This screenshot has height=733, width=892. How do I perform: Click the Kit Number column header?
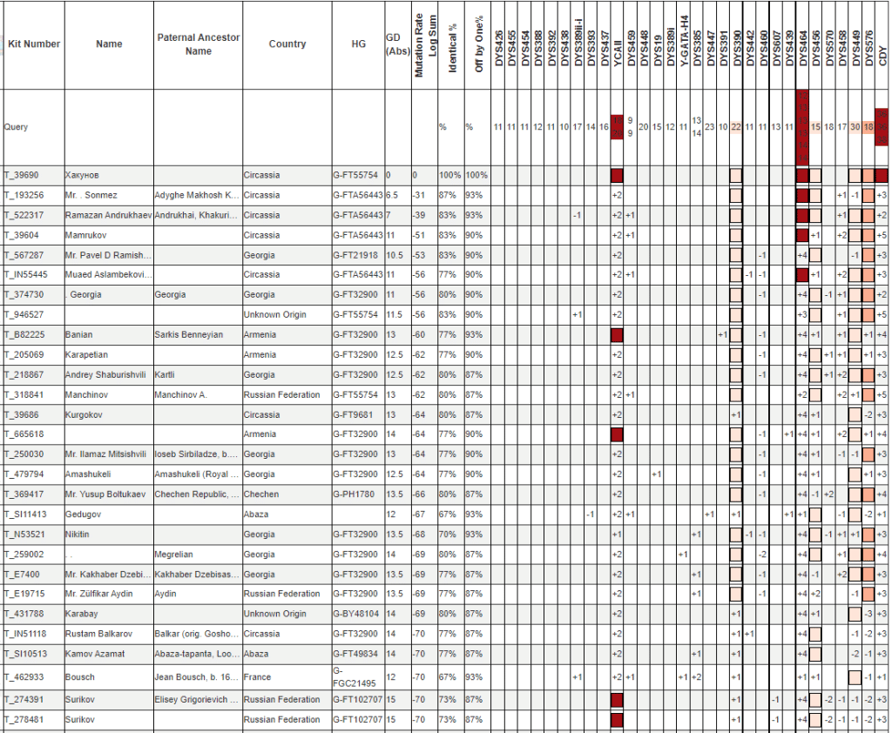click(33, 44)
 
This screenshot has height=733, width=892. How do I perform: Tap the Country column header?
click(287, 44)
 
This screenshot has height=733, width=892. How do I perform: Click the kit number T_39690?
click(27, 175)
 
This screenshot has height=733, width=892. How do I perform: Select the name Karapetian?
click(89, 354)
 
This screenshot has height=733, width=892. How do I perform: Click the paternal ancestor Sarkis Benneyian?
click(190, 334)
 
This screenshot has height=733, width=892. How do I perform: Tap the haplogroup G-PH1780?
click(356, 494)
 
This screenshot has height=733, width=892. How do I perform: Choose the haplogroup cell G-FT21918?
click(357, 255)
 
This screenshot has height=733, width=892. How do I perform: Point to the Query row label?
click(16, 127)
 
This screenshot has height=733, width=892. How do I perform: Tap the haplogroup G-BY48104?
click(357, 614)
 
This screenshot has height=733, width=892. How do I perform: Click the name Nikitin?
click(80, 534)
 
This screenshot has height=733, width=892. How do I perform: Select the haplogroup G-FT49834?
click(357, 653)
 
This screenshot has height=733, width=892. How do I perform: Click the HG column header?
click(359, 44)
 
